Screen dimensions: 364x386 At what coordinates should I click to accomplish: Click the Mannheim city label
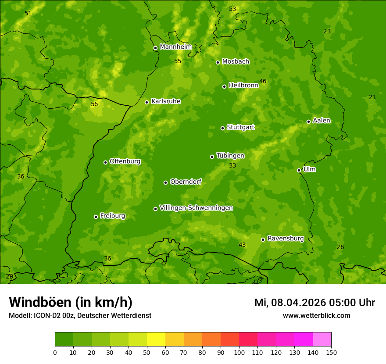[175, 46]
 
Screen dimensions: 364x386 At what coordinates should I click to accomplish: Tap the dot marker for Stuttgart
[222, 128]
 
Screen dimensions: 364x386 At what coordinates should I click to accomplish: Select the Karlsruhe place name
[165, 101]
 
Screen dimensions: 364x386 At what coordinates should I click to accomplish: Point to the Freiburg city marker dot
[96, 217]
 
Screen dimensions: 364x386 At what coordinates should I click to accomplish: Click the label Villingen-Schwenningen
[196, 207]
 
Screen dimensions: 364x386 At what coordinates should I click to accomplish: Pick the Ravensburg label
[285, 238]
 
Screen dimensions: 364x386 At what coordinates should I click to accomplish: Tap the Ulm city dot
[299, 170]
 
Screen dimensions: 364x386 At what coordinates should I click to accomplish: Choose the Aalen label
[321, 120]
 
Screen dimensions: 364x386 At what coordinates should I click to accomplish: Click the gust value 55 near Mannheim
[178, 61]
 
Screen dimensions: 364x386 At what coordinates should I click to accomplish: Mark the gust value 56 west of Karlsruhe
[94, 104]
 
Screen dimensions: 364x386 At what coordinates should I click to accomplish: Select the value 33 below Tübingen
[232, 165]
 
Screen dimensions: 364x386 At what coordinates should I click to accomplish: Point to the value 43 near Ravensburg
[242, 244]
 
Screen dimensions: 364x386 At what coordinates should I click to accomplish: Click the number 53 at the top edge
[232, 9]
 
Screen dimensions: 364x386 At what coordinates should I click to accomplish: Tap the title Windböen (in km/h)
[71, 302]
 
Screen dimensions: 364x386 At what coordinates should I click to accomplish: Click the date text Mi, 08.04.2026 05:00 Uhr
[315, 303]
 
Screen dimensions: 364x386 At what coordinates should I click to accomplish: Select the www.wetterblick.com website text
[316, 315]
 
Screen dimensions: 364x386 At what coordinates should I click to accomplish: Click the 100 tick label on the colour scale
[239, 352]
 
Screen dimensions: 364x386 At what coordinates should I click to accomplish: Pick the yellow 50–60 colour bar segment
[156, 339]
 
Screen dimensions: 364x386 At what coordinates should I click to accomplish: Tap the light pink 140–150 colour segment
[322, 339]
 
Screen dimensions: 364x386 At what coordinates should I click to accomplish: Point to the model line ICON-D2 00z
[80, 315]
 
